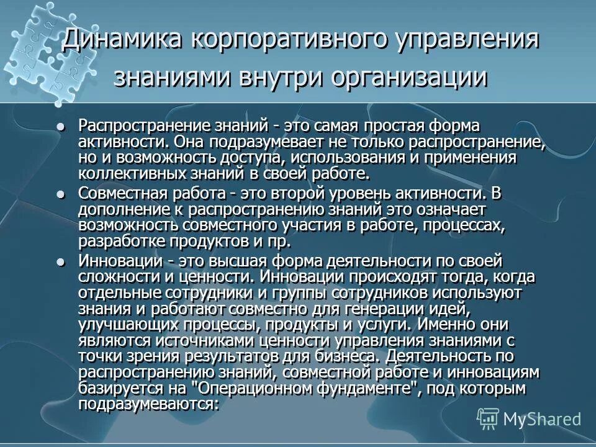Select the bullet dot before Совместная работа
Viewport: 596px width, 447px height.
click(x=60, y=194)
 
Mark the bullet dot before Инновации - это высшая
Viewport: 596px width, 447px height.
click(x=60, y=262)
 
